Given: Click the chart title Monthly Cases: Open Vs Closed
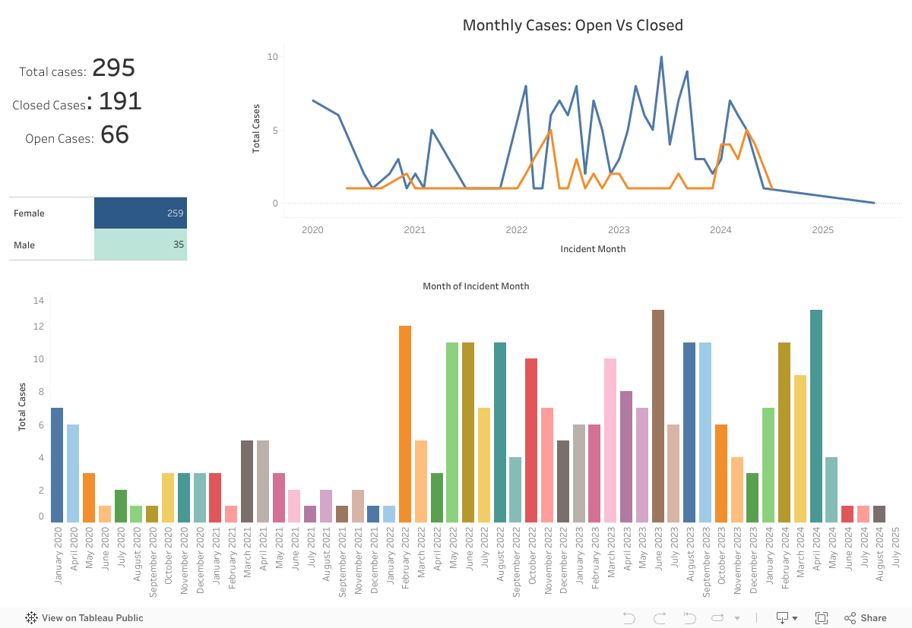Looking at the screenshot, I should [x=572, y=25].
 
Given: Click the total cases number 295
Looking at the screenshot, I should [x=113, y=68].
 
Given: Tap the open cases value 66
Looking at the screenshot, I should [x=115, y=135].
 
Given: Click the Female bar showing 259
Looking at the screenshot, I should [x=141, y=213].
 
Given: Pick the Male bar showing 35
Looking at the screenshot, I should [x=141, y=245].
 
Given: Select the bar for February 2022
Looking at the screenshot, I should [x=405, y=424].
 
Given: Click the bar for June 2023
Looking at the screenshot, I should [x=658, y=416].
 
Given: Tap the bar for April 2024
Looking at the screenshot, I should [x=816, y=416].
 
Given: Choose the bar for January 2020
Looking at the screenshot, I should [x=57, y=465].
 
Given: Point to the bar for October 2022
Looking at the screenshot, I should [x=531, y=440].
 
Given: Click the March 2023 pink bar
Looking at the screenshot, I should [x=610, y=440].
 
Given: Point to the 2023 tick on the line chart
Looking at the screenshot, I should [x=619, y=230].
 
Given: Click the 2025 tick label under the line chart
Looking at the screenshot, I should [x=823, y=230].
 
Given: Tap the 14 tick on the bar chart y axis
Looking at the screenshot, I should [x=39, y=301].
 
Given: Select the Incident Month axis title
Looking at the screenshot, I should [x=593, y=249].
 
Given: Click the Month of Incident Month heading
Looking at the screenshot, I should [x=476, y=286].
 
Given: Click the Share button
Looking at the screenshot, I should [x=866, y=618].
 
